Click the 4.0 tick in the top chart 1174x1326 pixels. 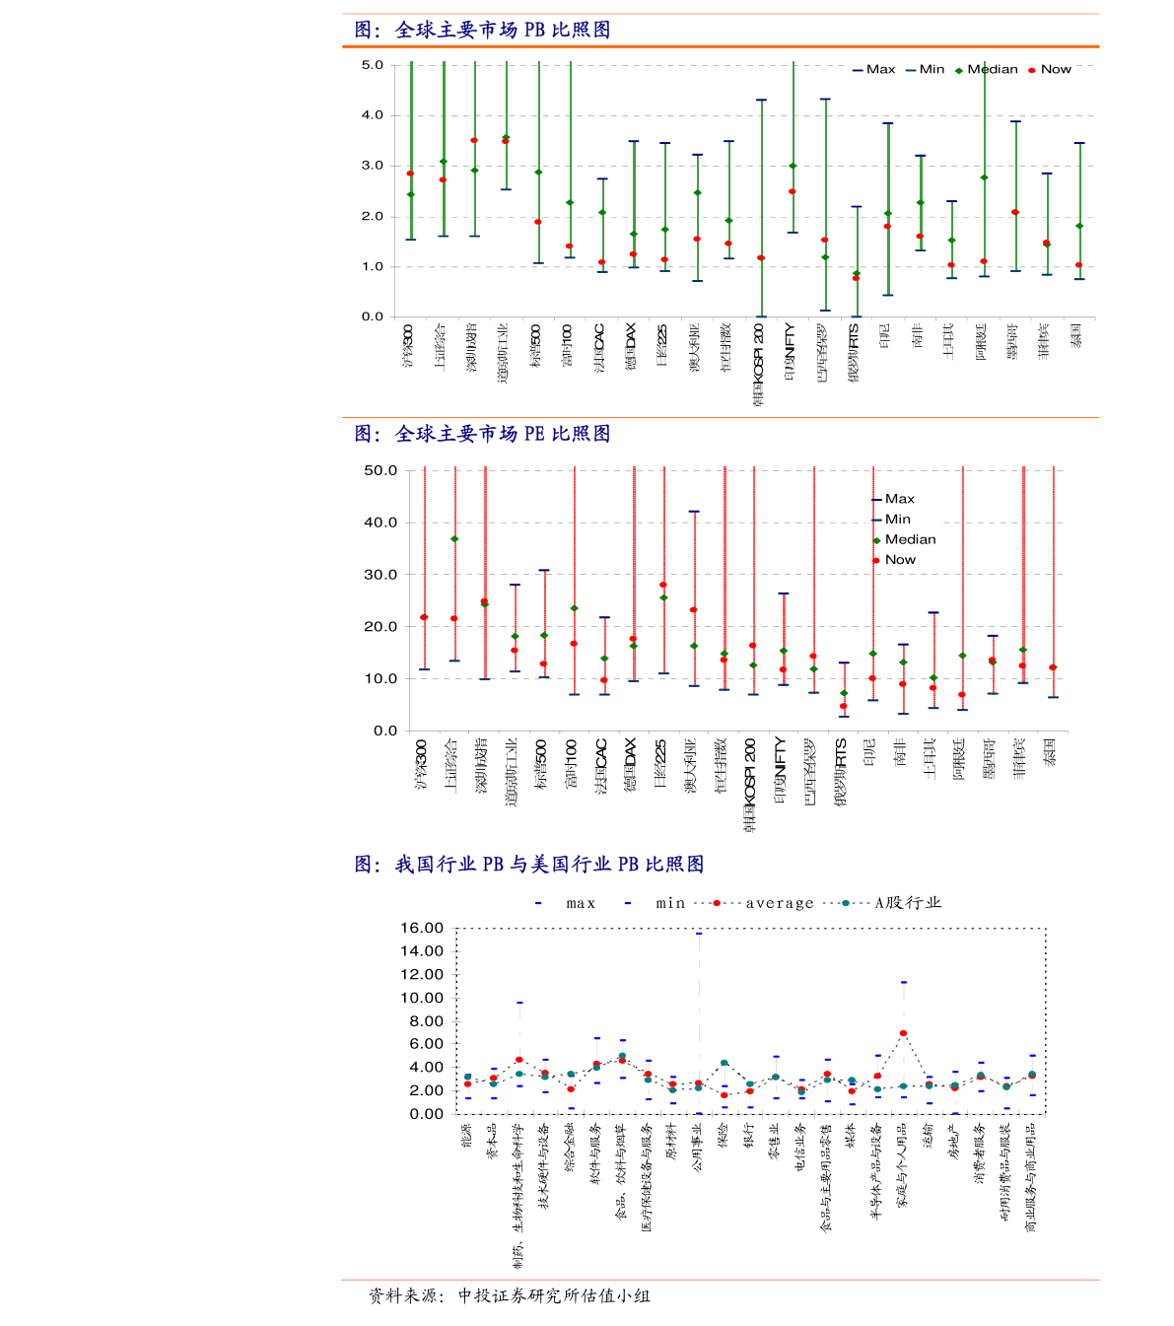[x=373, y=115]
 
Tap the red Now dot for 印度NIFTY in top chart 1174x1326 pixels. [x=793, y=191]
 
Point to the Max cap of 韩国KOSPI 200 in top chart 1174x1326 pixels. [x=761, y=100]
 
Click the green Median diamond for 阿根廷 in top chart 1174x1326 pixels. [x=984, y=177]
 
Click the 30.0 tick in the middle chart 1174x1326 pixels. [x=380, y=575]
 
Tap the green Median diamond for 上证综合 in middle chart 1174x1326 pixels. [x=454, y=539]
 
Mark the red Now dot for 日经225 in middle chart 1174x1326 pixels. [x=663, y=585]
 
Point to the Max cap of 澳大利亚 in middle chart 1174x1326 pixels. [x=694, y=512]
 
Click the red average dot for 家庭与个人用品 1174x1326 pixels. [x=903, y=1033]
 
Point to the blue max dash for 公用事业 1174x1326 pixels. [x=699, y=933]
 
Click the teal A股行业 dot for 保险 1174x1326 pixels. [x=725, y=1063]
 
